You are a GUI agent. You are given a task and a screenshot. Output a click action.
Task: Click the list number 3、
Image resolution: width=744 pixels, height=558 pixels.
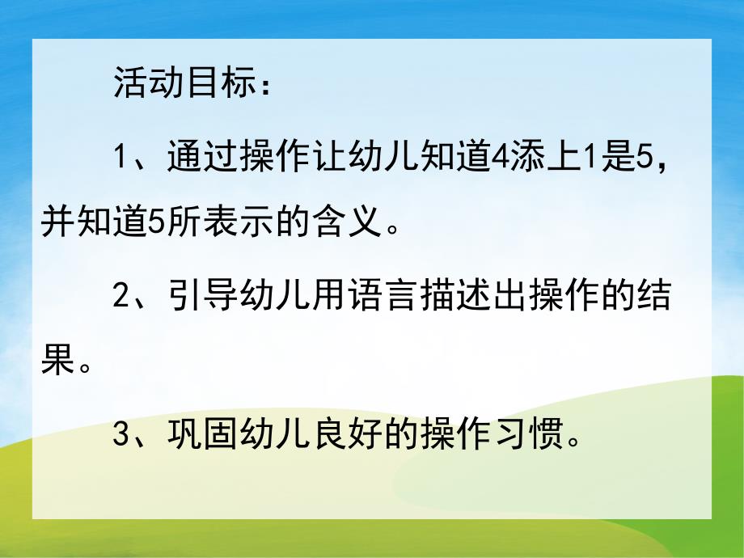point(130,437)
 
